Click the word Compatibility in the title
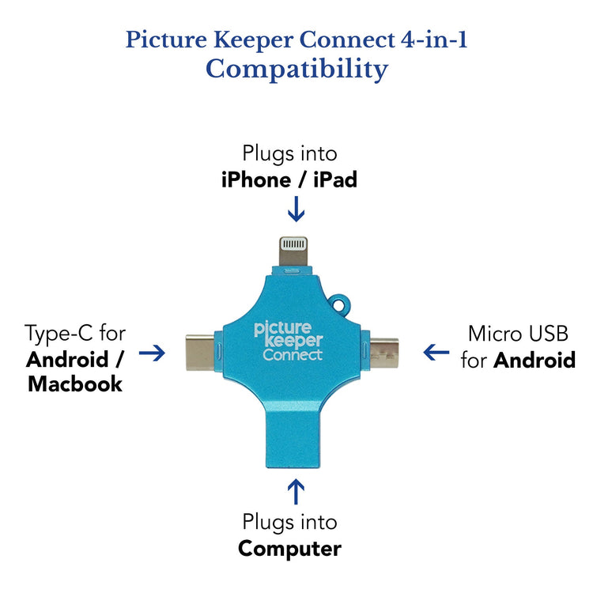pyautogui.click(x=296, y=69)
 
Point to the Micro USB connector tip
pyautogui.click(x=386, y=351)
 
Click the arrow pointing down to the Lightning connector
pyautogui.click(x=296, y=210)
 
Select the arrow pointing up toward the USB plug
pyautogui.click(x=296, y=491)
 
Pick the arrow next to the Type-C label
pyautogui.click(x=153, y=353)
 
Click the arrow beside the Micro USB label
pyautogui.click(x=436, y=352)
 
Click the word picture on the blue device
pyautogui.click(x=287, y=328)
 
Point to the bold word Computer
pyautogui.click(x=289, y=548)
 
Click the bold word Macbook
pyautogui.click(x=75, y=385)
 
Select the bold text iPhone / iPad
pyautogui.click(x=289, y=180)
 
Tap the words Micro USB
pyautogui.click(x=518, y=333)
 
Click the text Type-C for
pyautogui.click(x=75, y=333)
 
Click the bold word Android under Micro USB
pyautogui.click(x=534, y=361)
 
